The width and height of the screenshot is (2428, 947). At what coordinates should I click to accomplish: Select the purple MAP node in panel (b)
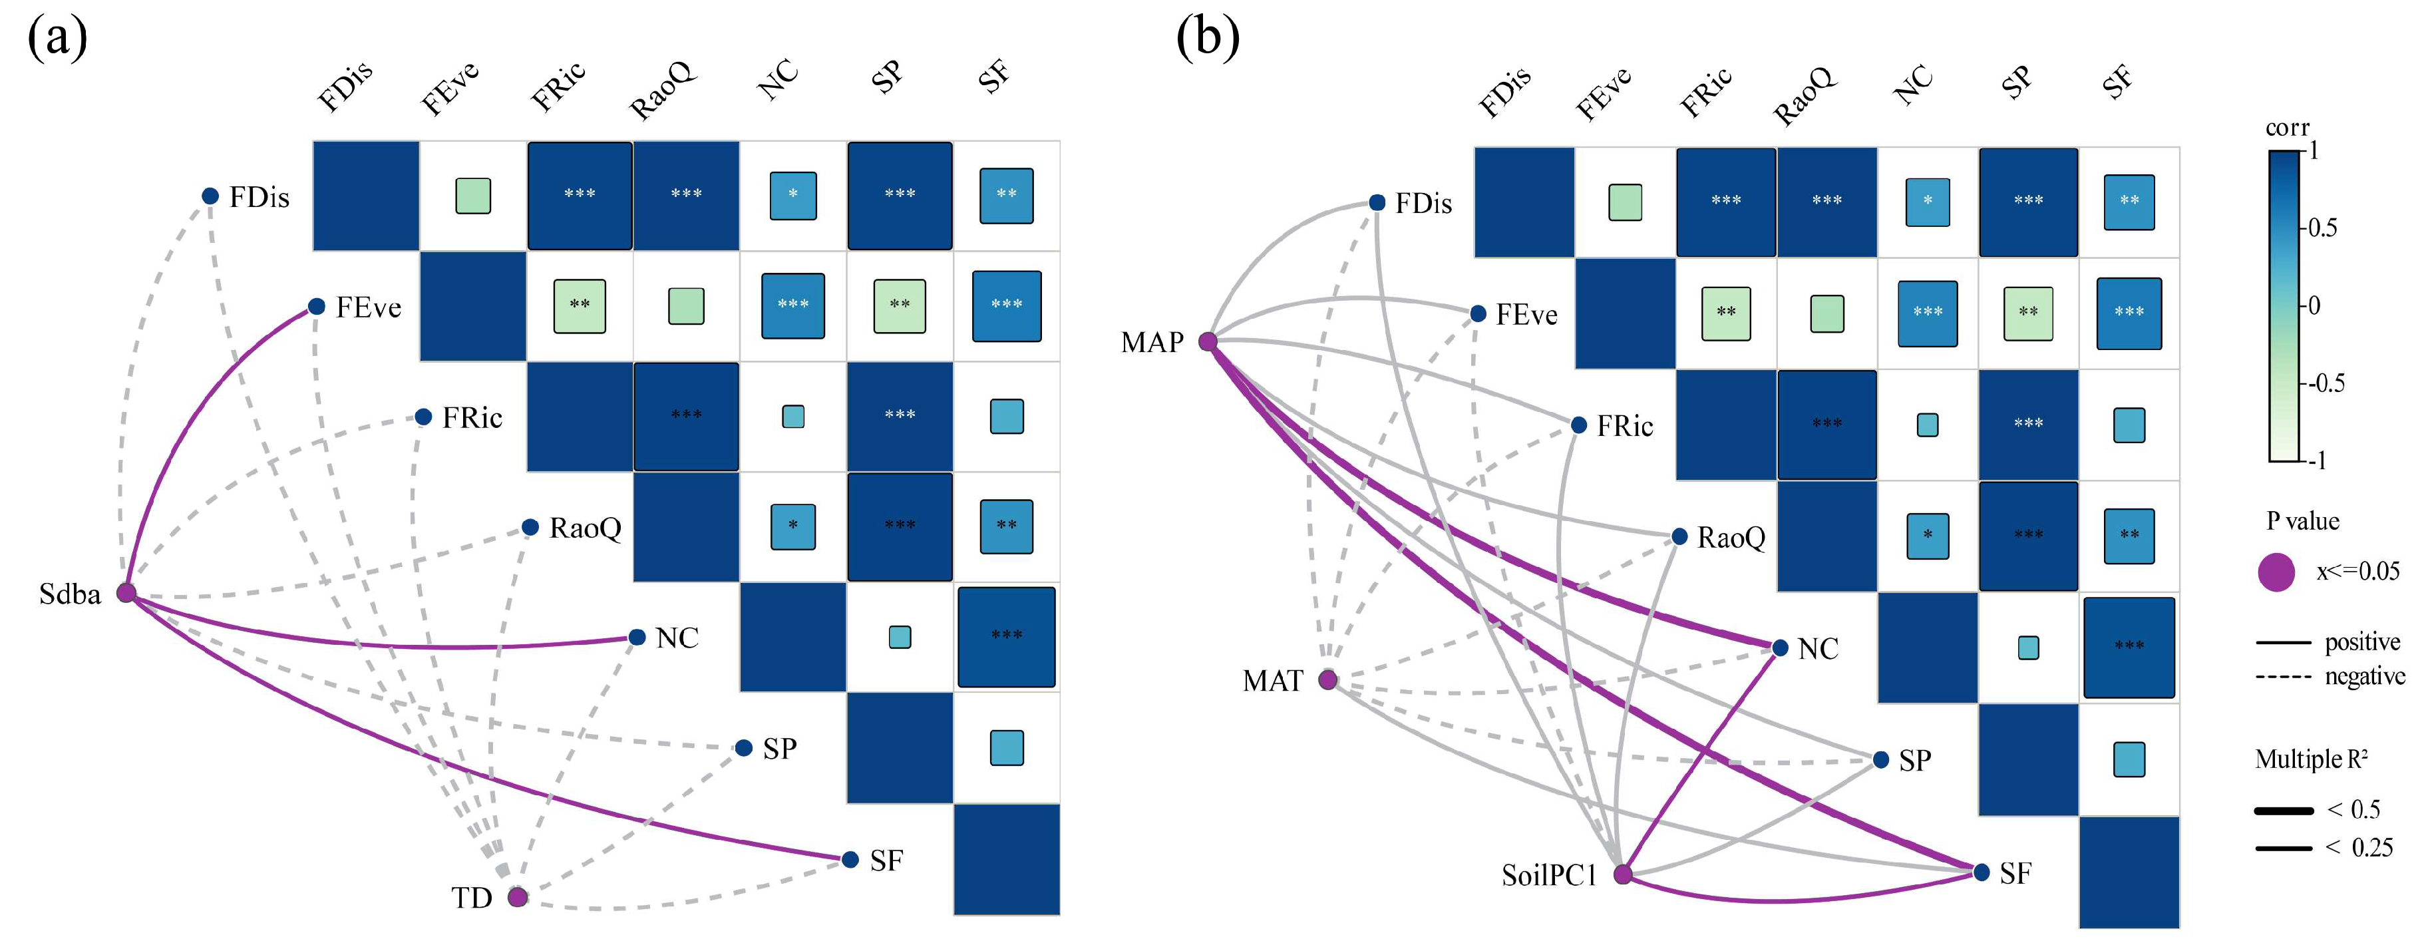coord(1208,341)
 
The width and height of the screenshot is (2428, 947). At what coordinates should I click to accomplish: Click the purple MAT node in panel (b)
coord(1327,679)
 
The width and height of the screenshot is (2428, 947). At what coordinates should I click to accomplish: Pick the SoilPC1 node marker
coord(1622,874)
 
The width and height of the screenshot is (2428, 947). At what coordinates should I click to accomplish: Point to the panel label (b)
coord(1208,38)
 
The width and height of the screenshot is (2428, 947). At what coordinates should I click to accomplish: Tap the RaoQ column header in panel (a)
coord(663,90)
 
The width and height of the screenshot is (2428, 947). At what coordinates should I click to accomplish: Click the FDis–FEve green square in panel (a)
coord(473,196)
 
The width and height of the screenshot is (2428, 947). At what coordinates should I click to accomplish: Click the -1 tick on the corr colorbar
coord(2319,460)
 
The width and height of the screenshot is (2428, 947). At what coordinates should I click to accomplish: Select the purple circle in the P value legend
coord(2276,572)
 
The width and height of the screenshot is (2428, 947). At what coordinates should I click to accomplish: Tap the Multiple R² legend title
coord(2310,759)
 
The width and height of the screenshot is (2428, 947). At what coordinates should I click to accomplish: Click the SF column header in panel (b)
coord(2117,83)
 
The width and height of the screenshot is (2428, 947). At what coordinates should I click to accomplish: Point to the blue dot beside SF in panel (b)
coord(1982,872)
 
